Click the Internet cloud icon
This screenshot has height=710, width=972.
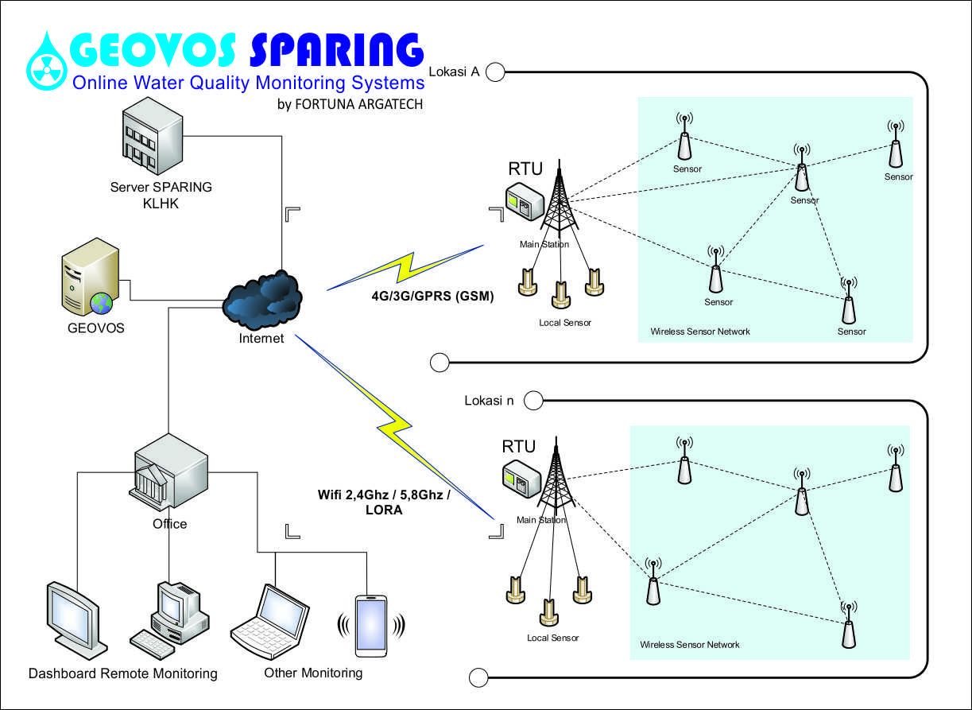click(262, 301)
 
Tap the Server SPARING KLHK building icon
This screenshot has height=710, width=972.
click(153, 135)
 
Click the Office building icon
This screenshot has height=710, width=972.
click(168, 471)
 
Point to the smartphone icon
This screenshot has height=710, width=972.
click(371, 626)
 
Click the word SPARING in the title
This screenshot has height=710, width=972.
click(337, 50)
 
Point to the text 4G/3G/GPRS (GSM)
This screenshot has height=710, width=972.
click(432, 296)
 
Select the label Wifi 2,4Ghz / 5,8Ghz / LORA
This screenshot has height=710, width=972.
click(384, 502)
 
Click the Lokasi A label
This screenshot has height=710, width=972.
click(454, 72)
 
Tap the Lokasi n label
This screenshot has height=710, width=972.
click(489, 400)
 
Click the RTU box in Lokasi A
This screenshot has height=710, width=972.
click(525, 201)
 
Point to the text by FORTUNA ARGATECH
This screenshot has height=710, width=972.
click(350, 104)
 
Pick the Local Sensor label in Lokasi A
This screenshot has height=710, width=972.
click(565, 323)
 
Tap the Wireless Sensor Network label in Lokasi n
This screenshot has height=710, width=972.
click(690, 645)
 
